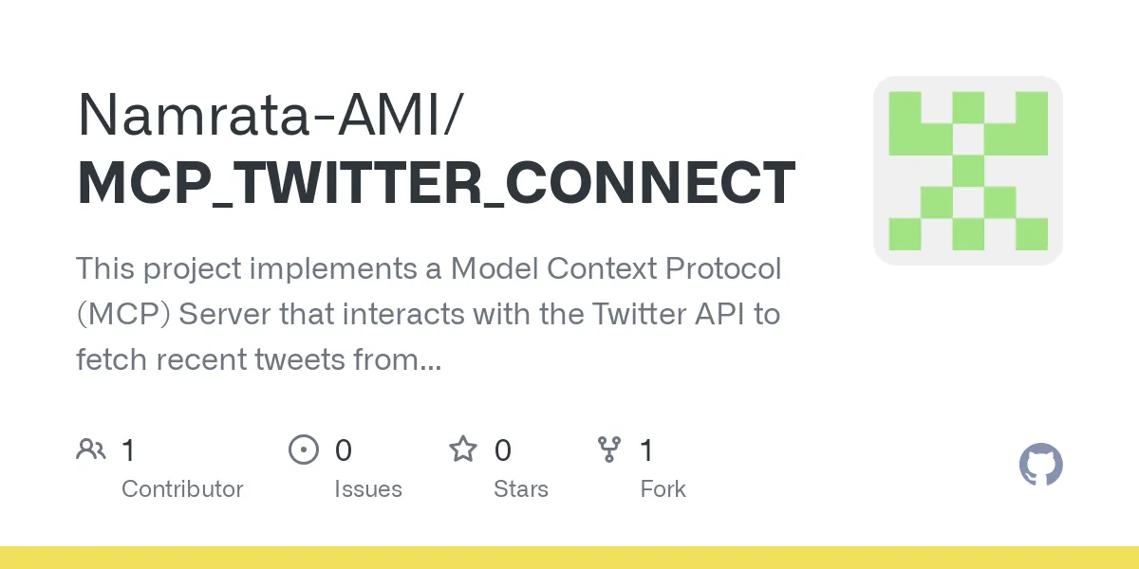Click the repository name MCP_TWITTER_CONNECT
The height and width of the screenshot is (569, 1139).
436,183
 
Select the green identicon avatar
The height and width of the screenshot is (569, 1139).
967,171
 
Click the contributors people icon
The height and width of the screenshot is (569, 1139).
91,450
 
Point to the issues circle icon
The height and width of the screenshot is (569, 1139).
303,450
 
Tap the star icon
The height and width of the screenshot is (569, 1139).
463,450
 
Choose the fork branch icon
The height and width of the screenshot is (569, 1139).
608,450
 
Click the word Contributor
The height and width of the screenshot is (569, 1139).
182,489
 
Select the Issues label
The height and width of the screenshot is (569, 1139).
367,489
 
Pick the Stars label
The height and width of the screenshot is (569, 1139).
520,489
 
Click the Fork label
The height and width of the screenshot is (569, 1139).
663,489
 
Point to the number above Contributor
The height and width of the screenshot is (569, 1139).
129,450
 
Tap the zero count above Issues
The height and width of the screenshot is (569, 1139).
344,450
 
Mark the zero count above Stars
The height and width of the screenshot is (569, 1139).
503,450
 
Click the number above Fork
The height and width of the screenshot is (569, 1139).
646,450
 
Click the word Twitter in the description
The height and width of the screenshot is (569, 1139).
636,314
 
